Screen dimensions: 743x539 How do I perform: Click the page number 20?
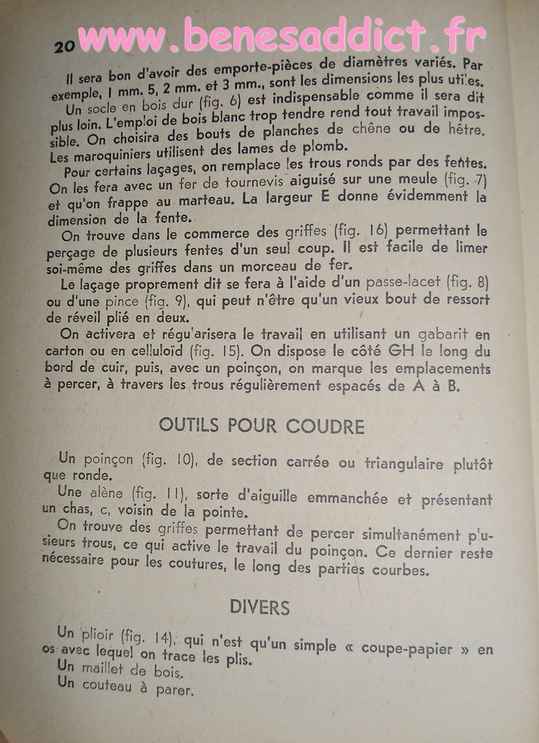(x=65, y=46)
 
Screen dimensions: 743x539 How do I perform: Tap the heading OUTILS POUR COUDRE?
(x=262, y=425)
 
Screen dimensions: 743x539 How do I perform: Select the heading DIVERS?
(x=260, y=607)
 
